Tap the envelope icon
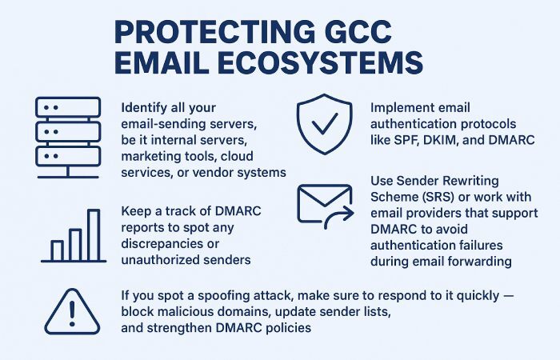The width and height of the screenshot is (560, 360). (323, 203)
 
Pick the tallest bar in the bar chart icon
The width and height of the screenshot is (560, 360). (94, 235)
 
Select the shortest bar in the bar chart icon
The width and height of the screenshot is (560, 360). (57, 250)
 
